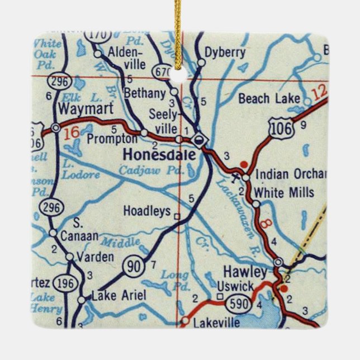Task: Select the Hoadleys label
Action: pyautogui.click(x=146, y=211)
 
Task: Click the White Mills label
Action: pyautogui.click(x=283, y=193)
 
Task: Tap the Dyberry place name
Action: pyautogui.click(x=225, y=53)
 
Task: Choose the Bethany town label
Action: pyautogui.click(x=145, y=93)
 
